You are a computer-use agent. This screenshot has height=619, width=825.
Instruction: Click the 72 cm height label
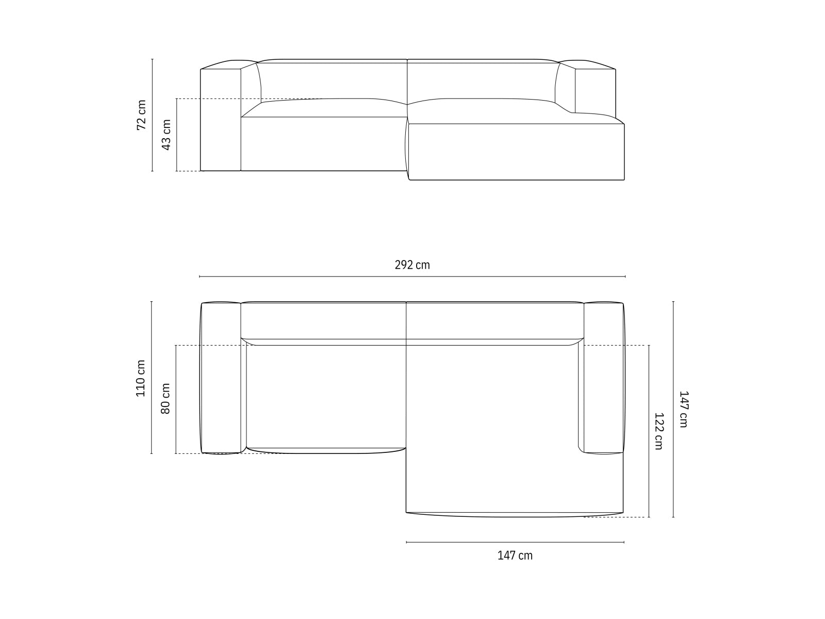click(x=141, y=115)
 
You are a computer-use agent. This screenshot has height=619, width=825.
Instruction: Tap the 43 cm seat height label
click(x=166, y=135)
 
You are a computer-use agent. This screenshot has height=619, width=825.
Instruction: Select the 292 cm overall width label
click(x=412, y=265)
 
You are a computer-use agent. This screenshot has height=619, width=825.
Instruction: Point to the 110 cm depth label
click(x=140, y=378)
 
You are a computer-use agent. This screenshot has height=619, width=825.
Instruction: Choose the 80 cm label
click(x=166, y=398)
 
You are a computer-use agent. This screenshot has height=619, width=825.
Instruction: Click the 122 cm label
click(x=658, y=431)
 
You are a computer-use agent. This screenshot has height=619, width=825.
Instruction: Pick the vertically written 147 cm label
click(x=683, y=410)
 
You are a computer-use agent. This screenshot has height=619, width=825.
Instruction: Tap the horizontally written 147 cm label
click(x=515, y=556)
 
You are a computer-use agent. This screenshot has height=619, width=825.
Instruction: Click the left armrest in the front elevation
click(x=220, y=120)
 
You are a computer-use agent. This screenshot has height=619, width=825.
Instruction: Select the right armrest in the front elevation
click(x=595, y=90)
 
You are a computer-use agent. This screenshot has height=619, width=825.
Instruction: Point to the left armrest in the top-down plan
click(x=220, y=378)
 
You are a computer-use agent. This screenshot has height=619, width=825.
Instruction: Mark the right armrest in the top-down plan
click(x=603, y=378)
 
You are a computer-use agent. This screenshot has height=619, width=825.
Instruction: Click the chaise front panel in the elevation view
click(x=516, y=152)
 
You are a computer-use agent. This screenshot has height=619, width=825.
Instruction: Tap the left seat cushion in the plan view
click(x=326, y=396)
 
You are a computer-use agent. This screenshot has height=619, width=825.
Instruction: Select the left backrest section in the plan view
click(x=323, y=320)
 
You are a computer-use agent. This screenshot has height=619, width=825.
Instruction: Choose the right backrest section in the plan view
click(x=494, y=320)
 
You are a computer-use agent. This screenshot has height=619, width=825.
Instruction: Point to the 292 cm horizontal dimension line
click(x=412, y=277)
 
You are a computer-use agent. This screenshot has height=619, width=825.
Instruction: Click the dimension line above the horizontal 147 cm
click(x=515, y=542)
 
